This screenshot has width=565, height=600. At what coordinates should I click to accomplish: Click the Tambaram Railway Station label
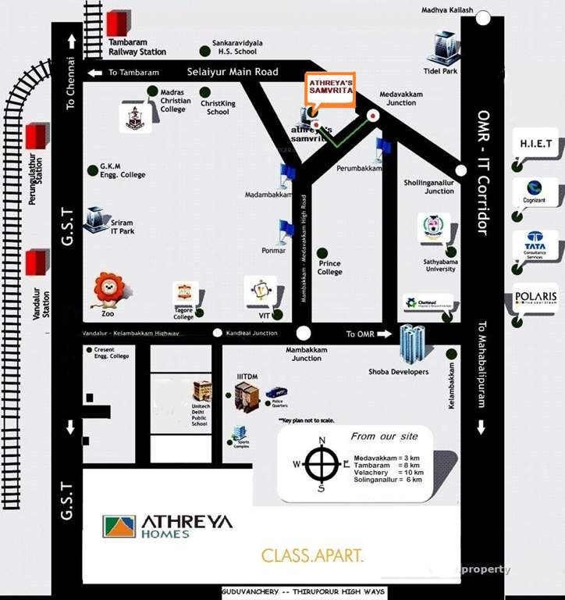137,47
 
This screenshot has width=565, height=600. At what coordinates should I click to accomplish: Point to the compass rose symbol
321,465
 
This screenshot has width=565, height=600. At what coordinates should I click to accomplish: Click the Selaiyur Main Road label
233,72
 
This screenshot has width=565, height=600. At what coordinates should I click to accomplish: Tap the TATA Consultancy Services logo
535,245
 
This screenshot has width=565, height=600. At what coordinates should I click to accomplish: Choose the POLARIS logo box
536,298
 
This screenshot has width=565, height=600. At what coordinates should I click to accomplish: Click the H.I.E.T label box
536,145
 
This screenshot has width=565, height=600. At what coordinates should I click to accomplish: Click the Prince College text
329,268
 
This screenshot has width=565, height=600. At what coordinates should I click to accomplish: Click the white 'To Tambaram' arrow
94,73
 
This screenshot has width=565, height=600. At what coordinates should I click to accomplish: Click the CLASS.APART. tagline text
312,556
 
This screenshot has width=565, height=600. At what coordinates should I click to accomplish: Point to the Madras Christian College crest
133,117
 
